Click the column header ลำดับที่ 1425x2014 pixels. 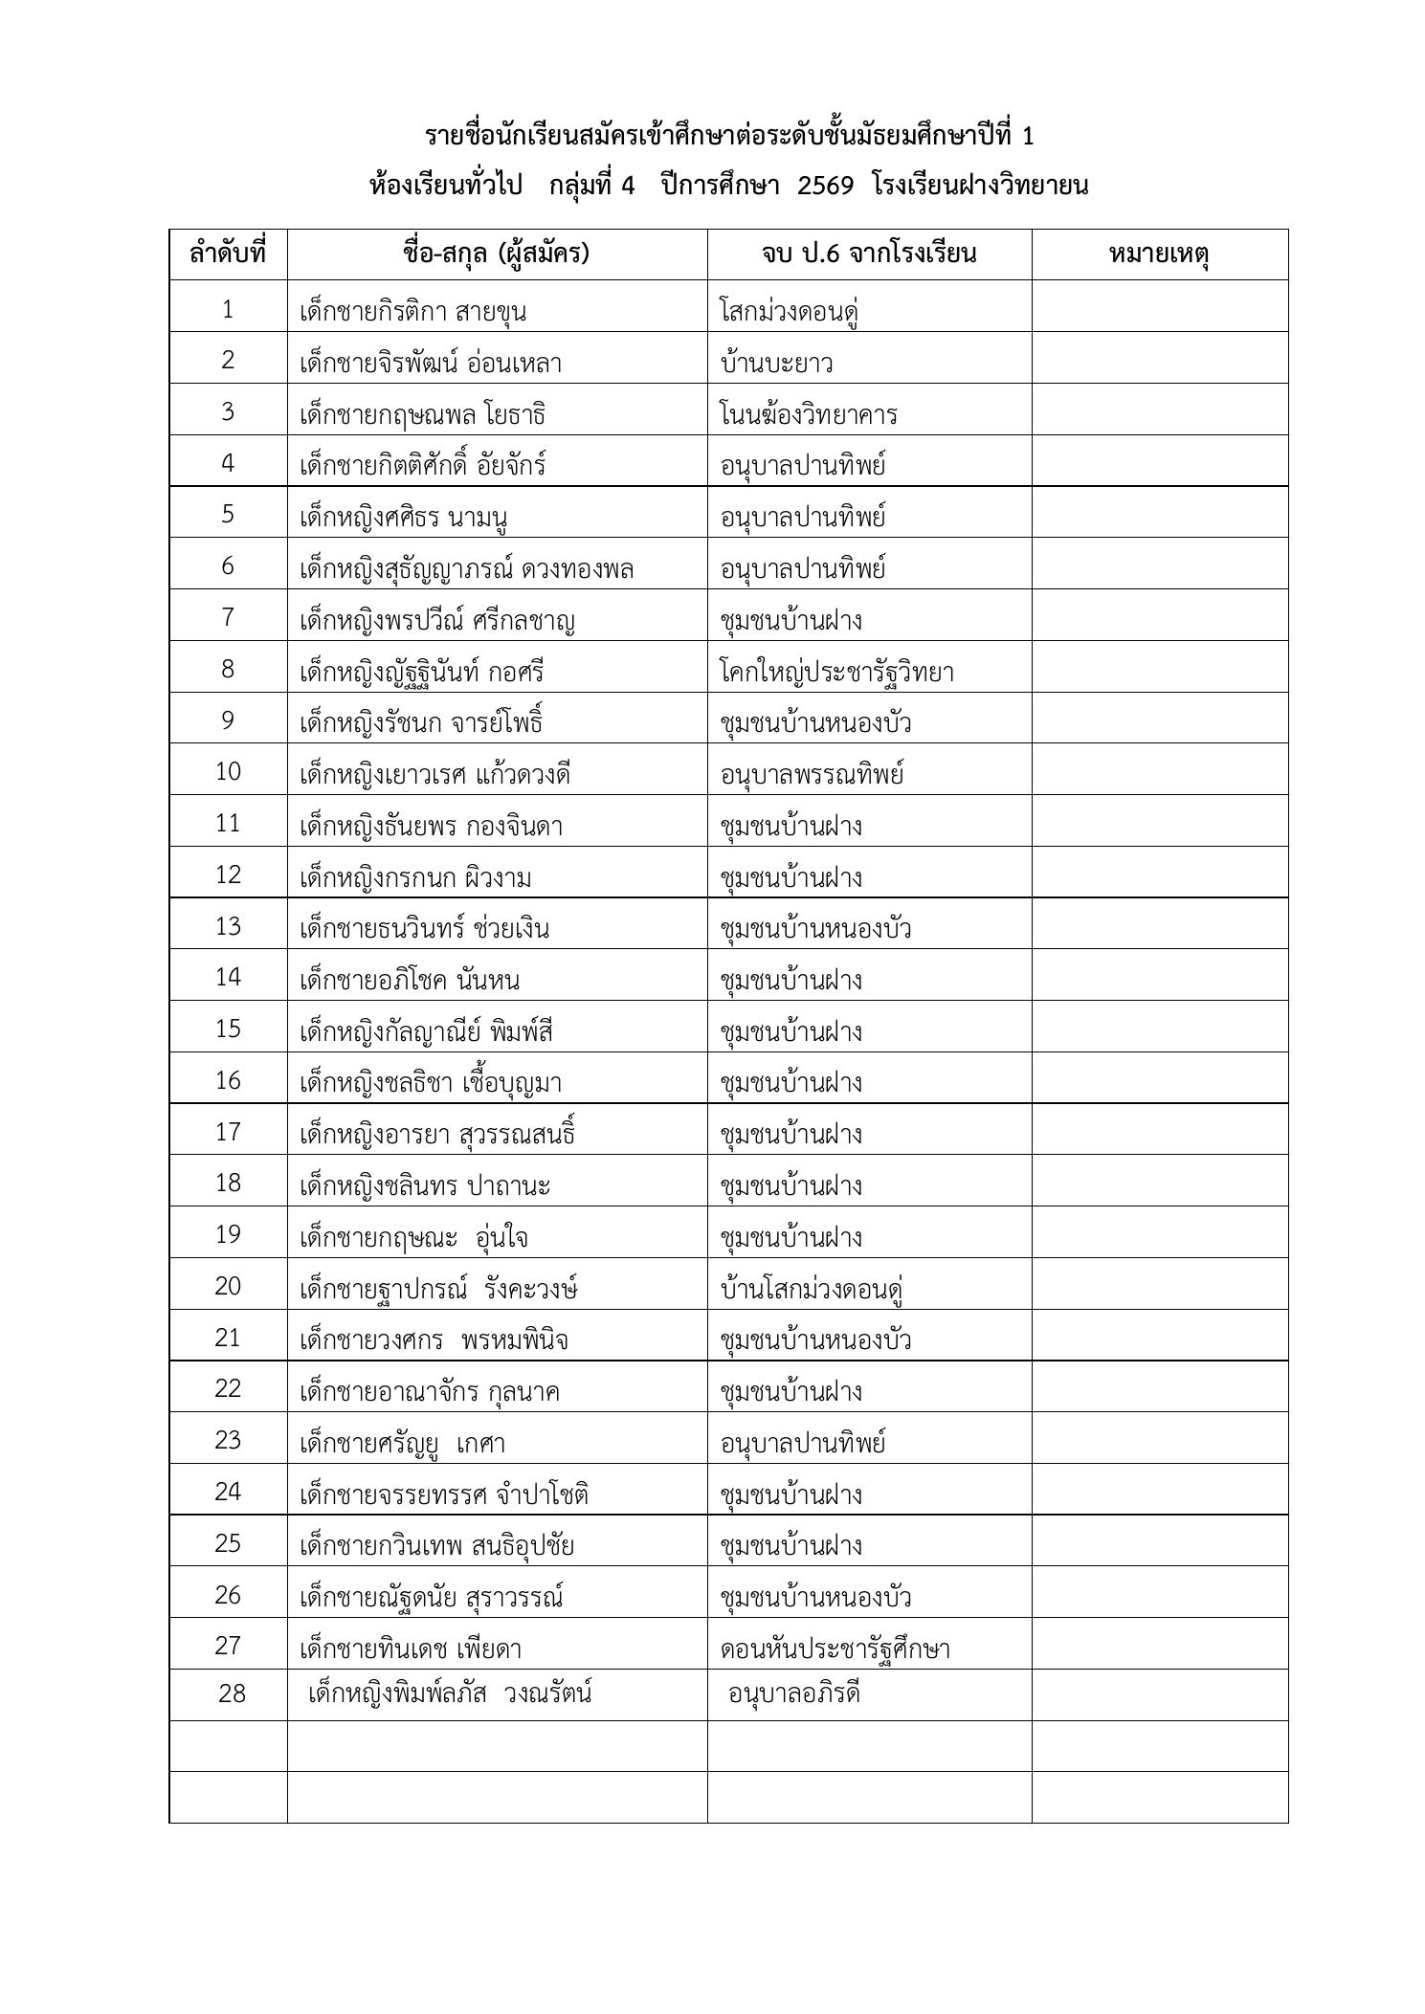pyautogui.click(x=228, y=255)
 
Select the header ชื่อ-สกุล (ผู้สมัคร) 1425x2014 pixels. pyautogui.click(x=496, y=255)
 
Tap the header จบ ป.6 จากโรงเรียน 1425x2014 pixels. pyautogui.click(x=869, y=255)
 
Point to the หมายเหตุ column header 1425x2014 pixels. pyautogui.click(x=1159, y=255)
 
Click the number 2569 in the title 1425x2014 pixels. pyautogui.click(x=825, y=186)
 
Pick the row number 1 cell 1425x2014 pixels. pyautogui.click(x=228, y=309)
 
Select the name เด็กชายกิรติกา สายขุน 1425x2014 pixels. pyautogui.click(x=412, y=312)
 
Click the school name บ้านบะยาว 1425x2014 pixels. pyautogui.click(x=776, y=364)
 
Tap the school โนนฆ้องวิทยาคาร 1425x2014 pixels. pyautogui.click(x=809, y=415)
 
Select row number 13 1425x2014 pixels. pyautogui.click(x=228, y=926)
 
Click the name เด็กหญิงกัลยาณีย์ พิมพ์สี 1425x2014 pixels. pyautogui.click(x=426, y=1032)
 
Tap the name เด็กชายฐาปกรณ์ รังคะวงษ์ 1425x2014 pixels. pyautogui.click(x=438, y=1289)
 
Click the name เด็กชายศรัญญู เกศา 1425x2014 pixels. pyautogui.click(x=402, y=1443)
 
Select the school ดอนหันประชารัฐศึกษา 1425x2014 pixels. pyautogui.click(x=835, y=1649)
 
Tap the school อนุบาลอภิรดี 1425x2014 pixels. pyautogui.click(x=793, y=1693)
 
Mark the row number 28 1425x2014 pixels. pyautogui.click(x=232, y=1693)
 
